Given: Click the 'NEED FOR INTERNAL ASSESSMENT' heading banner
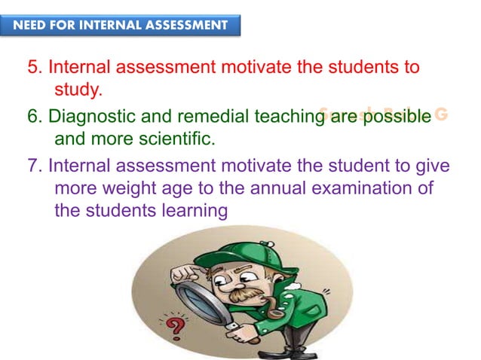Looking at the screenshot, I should pos(121,25).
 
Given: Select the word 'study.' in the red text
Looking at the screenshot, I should pos(78,91).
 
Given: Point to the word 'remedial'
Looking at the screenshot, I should pos(204,117).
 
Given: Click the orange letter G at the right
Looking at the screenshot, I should pos(441,114).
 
